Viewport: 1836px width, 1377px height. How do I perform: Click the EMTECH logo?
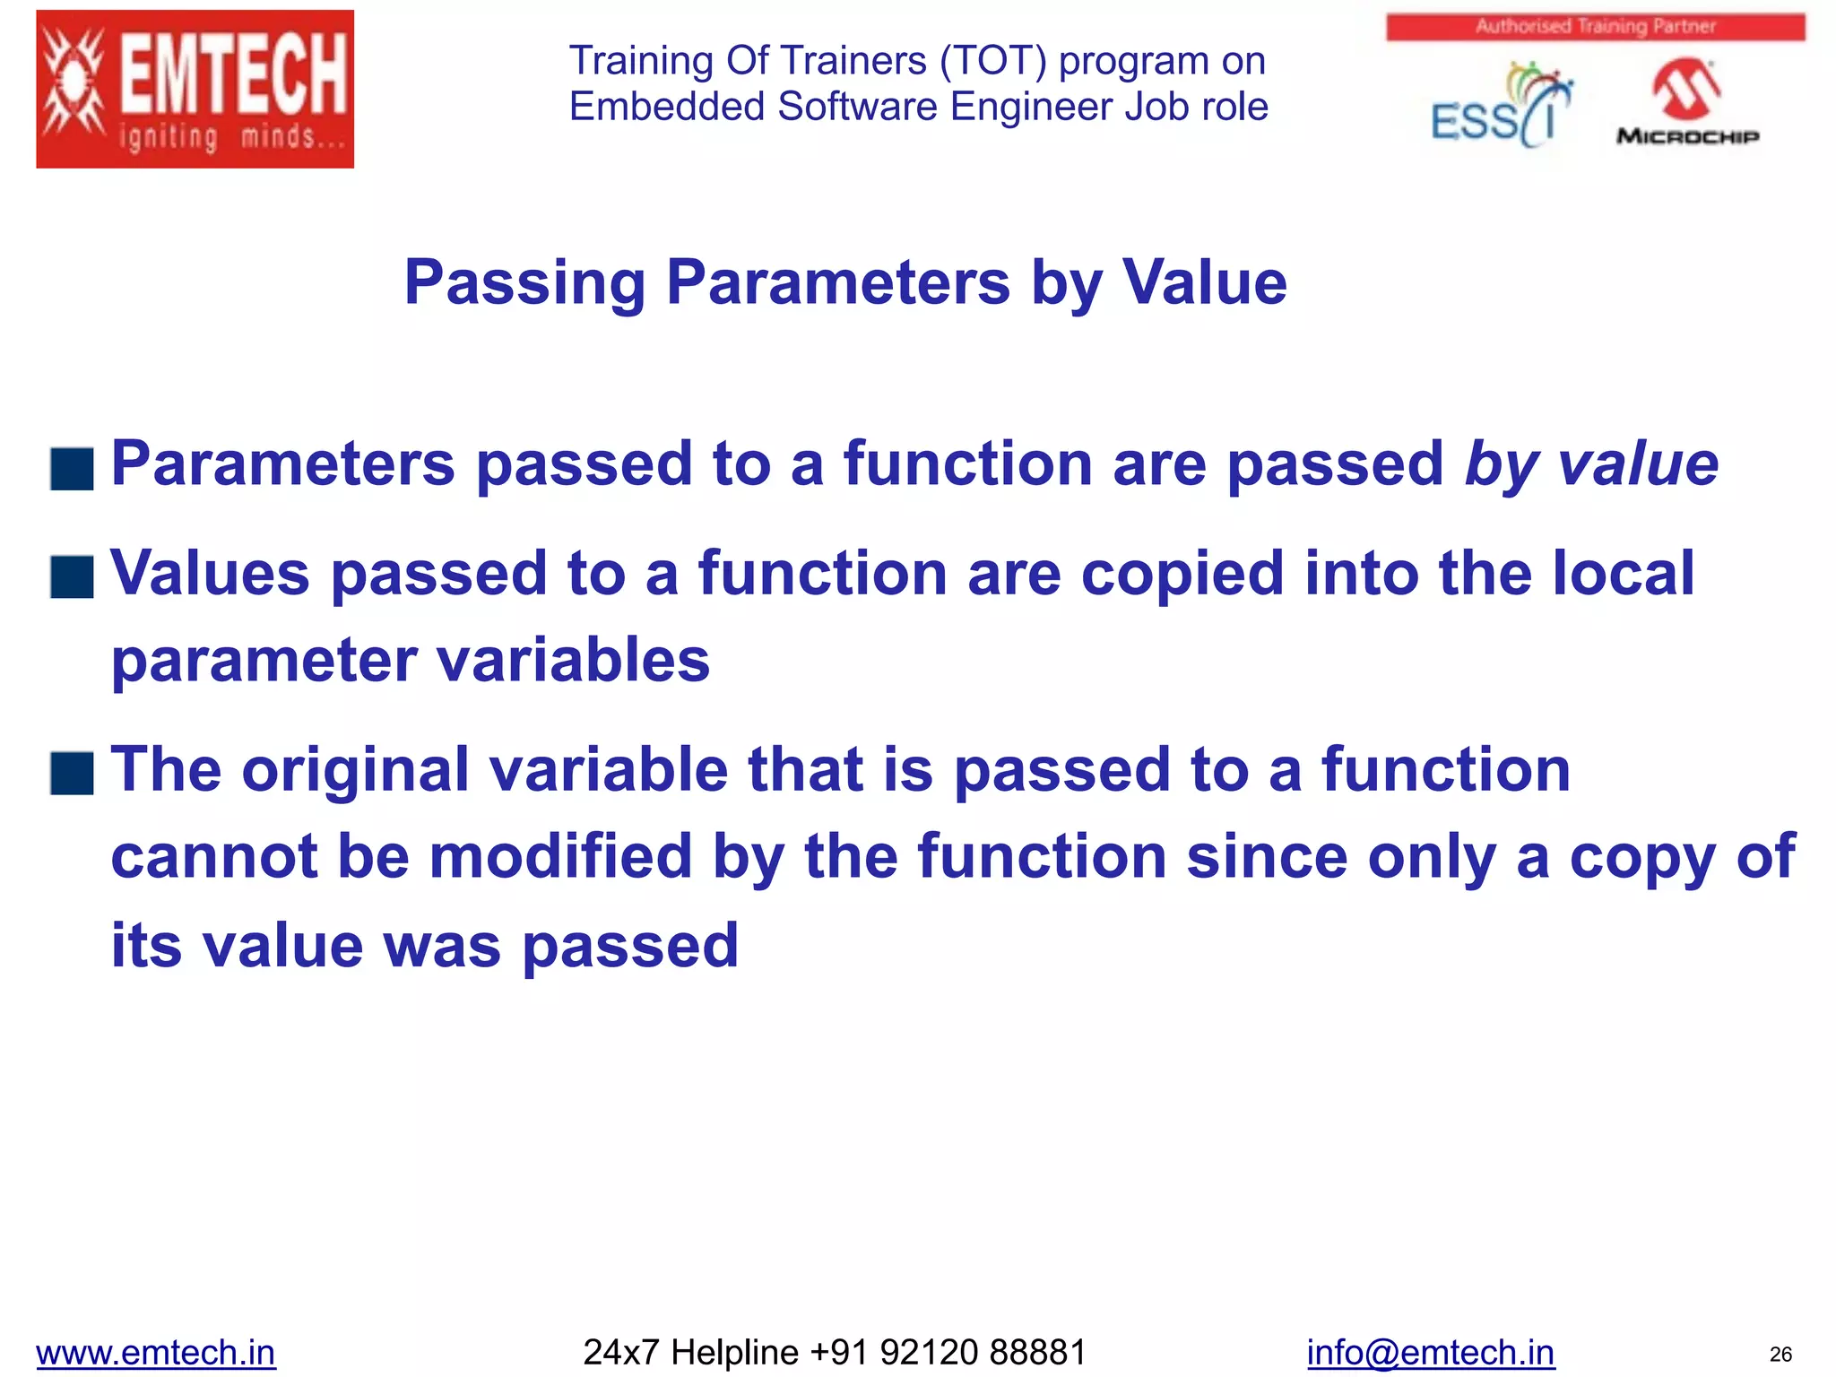pos(195,89)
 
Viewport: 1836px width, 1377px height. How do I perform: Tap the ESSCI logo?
pos(1500,106)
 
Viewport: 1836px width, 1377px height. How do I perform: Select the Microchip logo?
pos(1687,102)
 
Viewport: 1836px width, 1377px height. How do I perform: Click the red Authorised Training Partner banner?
pos(1595,27)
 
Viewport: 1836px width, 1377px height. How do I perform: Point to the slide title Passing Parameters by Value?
pos(844,282)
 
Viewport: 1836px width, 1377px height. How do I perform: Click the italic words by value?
pos(1591,464)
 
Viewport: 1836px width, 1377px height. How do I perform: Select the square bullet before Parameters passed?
pos(73,469)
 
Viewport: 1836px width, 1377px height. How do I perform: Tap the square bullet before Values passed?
pos(73,576)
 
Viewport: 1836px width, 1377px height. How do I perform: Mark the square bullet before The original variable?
pos(73,774)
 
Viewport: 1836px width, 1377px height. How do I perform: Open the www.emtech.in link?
pos(156,1352)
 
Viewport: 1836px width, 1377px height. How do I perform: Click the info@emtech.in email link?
pos(1430,1352)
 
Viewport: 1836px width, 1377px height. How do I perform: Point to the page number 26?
pos(1780,1354)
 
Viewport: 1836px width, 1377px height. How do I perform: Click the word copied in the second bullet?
pos(1182,575)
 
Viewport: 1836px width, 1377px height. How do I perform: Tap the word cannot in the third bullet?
pos(214,857)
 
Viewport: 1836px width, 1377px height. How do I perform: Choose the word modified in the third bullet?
pos(561,857)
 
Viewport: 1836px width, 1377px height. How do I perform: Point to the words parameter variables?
pos(410,661)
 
